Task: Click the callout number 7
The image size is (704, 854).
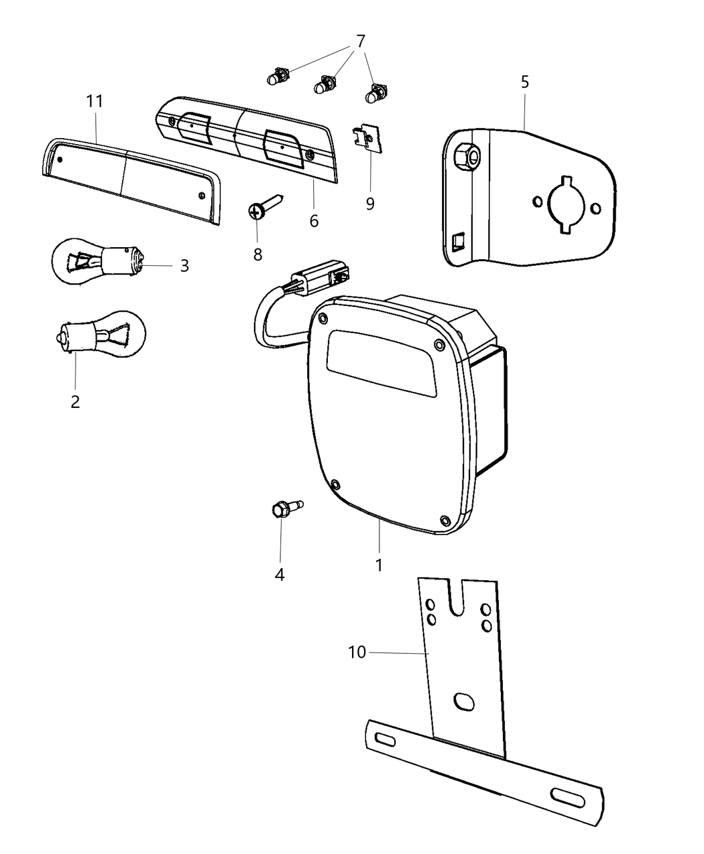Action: click(x=361, y=42)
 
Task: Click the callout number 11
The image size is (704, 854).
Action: click(x=95, y=102)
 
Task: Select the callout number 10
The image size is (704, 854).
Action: click(x=357, y=652)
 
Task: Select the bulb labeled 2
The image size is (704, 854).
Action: click(x=101, y=332)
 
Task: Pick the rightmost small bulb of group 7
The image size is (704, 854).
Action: click(x=375, y=94)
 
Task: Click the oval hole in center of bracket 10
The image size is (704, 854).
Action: click(x=463, y=702)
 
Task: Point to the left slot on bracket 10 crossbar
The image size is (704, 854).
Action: click(x=386, y=739)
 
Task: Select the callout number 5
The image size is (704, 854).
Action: click(x=524, y=82)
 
